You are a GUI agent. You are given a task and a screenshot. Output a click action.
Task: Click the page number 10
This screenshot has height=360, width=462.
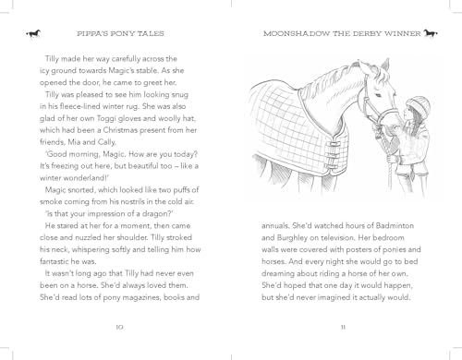(x=119, y=327)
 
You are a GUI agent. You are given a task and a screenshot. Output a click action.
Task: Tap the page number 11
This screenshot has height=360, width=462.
(x=342, y=327)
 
